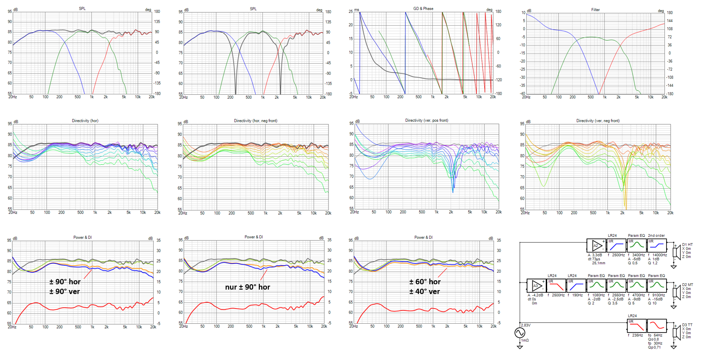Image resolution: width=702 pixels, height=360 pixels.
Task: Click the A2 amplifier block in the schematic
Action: coord(596,245)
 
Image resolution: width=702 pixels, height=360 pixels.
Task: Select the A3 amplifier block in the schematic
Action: coord(536,286)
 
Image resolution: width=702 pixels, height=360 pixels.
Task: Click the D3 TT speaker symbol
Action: coord(676,332)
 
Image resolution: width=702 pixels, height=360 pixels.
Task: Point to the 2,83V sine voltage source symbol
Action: coord(520,333)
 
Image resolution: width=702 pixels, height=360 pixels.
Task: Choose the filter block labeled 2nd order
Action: coord(657,245)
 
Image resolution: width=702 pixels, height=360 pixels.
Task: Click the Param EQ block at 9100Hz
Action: coord(657,286)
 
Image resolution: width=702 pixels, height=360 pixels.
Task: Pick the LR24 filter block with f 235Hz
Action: coord(637,326)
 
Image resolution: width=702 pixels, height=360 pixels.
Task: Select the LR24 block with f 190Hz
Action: coord(576,286)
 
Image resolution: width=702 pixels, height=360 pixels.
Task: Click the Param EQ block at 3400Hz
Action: coord(636,245)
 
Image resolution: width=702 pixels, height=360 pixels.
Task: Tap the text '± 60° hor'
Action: coord(424,282)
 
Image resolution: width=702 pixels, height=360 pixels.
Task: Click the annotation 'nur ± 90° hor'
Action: coord(247,287)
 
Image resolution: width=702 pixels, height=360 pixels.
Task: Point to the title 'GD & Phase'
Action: coord(423,8)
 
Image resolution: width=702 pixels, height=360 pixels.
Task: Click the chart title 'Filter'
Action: coord(595,10)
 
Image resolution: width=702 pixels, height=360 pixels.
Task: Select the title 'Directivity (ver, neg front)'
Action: coord(598,121)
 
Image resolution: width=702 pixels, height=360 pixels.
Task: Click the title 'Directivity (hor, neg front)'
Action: coord(255,121)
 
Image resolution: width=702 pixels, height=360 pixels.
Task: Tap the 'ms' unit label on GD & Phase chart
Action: coord(357,10)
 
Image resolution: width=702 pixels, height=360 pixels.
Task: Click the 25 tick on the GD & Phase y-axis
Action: coord(351,12)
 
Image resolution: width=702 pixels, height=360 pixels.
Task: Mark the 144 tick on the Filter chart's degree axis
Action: coord(670,21)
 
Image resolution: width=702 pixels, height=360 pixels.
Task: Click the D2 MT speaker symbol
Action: coord(676,292)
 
